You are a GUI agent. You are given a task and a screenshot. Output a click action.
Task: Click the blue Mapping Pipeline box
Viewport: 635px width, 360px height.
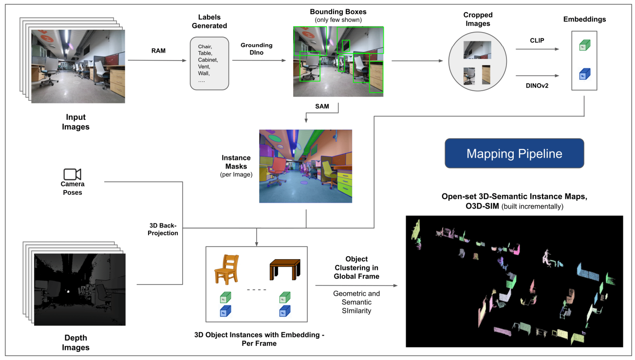pos(514,154)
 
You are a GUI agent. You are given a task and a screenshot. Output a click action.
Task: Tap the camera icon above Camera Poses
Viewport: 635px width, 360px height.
pos(72,174)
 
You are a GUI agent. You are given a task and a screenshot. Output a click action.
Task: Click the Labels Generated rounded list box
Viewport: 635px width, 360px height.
pos(209,63)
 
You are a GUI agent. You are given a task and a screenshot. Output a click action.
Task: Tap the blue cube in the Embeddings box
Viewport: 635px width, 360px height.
pos(584,75)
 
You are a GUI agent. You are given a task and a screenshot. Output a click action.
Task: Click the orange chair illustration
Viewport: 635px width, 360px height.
pos(227,270)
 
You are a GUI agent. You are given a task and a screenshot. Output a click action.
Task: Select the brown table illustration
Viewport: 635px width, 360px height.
pos(285,268)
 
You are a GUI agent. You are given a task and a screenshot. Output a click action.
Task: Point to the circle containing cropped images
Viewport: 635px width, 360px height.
pos(477,62)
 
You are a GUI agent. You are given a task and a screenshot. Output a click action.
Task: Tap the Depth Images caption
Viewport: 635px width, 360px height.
pos(76,342)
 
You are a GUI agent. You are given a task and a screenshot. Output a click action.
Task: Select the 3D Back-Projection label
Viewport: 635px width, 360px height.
pos(163,229)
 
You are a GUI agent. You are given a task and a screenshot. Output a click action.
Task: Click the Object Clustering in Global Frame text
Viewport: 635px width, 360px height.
pos(356,267)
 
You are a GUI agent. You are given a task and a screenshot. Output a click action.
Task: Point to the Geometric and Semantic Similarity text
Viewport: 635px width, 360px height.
pos(356,302)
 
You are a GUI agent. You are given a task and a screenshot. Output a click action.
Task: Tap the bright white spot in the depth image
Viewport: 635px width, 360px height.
pos(69,292)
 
